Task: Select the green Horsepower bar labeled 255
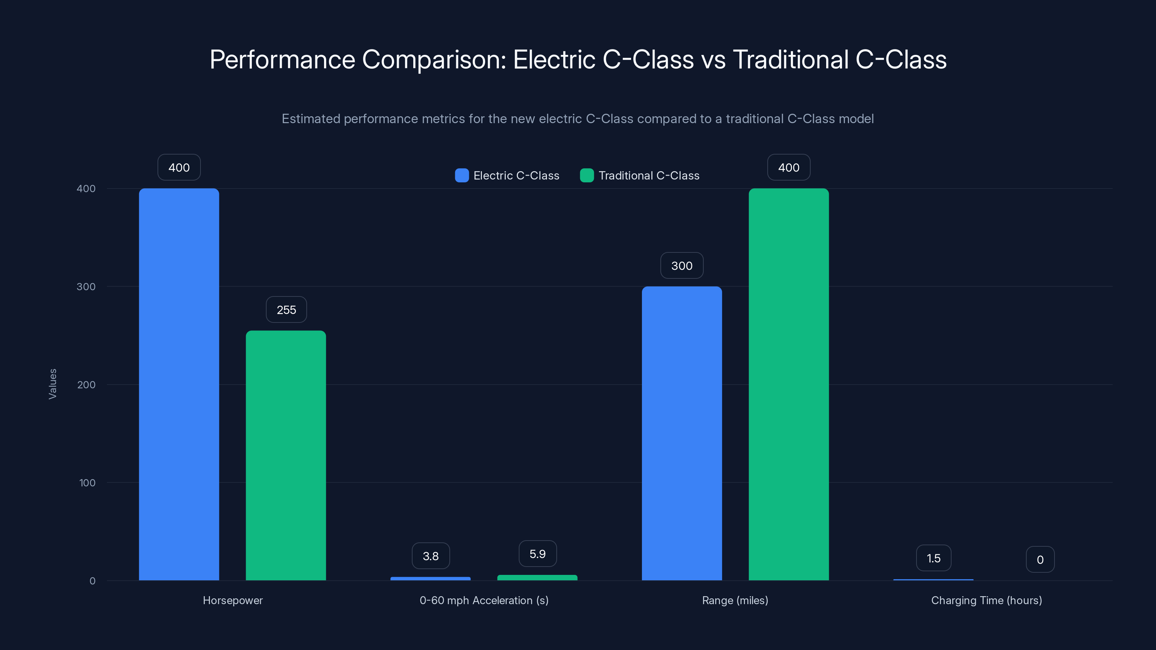pos(286,455)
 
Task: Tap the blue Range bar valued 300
pos(682,433)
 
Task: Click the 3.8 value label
pos(430,556)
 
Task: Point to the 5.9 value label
pos(537,554)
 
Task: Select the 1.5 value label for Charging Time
pos(933,558)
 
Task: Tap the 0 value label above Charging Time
pos(1040,559)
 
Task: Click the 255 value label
pos(286,309)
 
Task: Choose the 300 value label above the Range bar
pos(682,265)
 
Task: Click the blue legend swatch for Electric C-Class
pos(462,175)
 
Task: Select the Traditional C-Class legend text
pos(648,175)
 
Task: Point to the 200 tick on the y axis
pos(86,385)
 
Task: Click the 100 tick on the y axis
pos(87,483)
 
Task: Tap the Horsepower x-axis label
pos(232,600)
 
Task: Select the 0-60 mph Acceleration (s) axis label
pos(484,600)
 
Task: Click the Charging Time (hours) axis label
pos(986,600)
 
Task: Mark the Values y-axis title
pos(52,384)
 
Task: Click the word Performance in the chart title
pos(282,59)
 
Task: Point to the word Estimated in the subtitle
pos(311,119)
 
